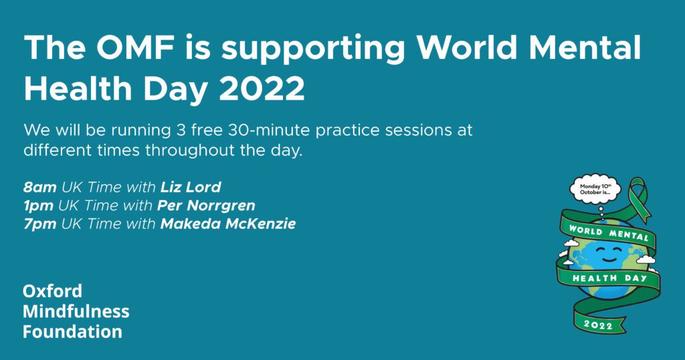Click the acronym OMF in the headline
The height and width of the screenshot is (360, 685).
point(134,47)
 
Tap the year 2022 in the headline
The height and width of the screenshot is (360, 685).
point(262,89)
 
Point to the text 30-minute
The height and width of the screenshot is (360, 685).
point(266,130)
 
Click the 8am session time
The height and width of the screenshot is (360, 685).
point(39,187)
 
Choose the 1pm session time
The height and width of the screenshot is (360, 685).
point(38,206)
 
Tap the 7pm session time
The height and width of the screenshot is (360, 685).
point(39,224)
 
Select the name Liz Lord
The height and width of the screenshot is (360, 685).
point(191,187)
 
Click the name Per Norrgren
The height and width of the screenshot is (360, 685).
point(206,206)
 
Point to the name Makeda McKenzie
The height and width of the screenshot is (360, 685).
point(228,223)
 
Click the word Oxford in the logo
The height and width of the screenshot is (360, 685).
point(52,291)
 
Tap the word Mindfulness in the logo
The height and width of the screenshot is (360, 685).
point(76,311)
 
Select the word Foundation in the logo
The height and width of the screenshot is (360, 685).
point(72,331)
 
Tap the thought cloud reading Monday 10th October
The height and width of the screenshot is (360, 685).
point(595,189)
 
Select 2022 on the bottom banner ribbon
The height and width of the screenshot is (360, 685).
point(598,324)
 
